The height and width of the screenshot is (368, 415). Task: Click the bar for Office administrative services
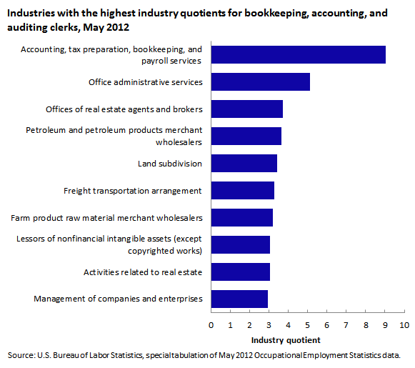(261, 81)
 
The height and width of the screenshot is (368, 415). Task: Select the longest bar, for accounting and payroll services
(299, 54)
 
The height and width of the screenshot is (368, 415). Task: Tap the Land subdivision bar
(244, 164)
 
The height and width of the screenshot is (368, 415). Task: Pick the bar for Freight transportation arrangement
(243, 190)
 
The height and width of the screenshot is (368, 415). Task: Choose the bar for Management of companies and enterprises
(239, 299)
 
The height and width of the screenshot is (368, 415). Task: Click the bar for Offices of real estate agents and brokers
(247, 109)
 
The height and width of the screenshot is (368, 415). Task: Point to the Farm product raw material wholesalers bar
(242, 218)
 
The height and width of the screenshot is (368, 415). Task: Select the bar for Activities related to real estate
(241, 272)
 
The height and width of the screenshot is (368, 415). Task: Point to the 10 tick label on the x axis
(404, 325)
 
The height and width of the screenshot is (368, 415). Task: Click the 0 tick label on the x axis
(211, 325)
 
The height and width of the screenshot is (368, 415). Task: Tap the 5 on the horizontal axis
(308, 325)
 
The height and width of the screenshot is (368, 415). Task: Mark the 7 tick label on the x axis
(346, 325)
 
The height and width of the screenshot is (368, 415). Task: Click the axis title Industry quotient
(286, 340)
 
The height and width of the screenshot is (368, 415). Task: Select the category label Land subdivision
(170, 164)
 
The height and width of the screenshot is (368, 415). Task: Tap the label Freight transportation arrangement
(133, 191)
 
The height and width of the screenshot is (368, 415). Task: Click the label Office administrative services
(146, 82)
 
